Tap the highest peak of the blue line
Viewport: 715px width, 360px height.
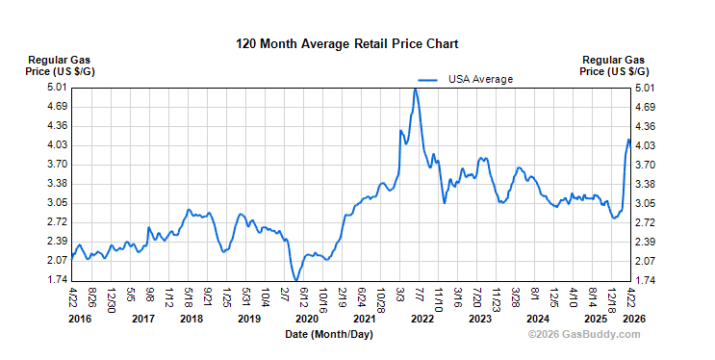pyautogui.click(x=415, y=90)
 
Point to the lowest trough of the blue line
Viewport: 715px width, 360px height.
pyautogui.click(x=294, y=279)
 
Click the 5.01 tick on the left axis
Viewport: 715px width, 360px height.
pyautogui.click(x=55, y=88)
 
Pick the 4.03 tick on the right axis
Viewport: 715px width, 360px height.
pyautogui.click(x=647, y=145)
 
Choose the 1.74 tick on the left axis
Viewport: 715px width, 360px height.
pyautogui.click(x=55, y=280)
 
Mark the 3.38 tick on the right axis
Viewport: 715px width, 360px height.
pyautogui.click(x=647, y=184)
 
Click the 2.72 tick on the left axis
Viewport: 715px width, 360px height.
pyautogui.click(x=55, y=222)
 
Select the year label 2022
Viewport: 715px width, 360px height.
pyautogui.click(x=421, y=319)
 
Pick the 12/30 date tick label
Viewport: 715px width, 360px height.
pyautogui.click(x=112, y=296)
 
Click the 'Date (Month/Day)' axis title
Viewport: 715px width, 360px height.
pyautogui.click(x=328, y=335)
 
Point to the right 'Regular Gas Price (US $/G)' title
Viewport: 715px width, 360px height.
pyautogui.click(x=614, y=65)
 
